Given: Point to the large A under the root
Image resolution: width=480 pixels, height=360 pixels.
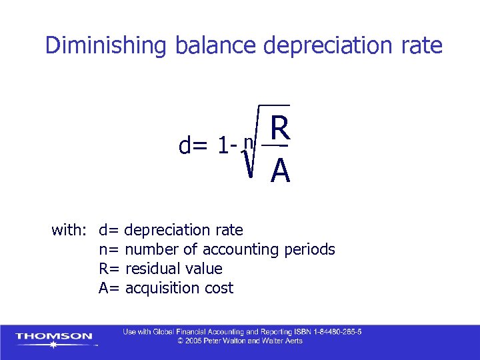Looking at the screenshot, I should point(281,173).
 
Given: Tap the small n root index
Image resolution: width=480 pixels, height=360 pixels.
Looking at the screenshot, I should point(248,141).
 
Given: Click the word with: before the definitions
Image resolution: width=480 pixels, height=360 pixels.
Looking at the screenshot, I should point(69,231).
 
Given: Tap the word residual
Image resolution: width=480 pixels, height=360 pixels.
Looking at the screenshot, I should point(149,269).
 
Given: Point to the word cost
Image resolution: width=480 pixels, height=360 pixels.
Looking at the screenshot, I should point(219,288).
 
